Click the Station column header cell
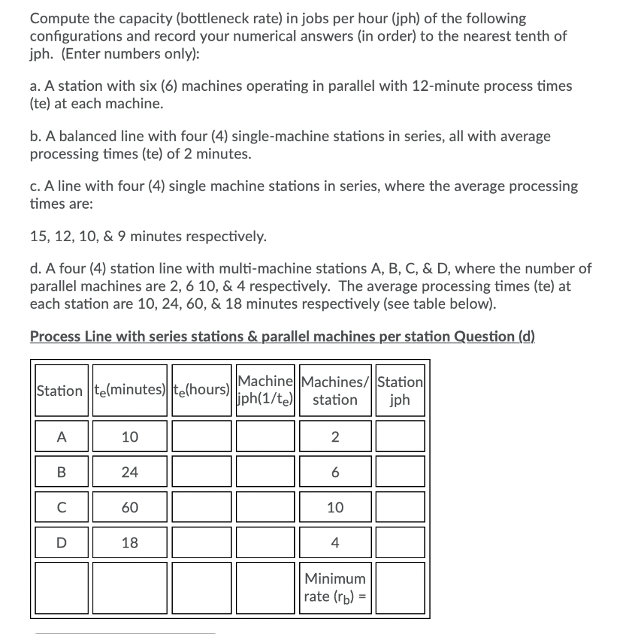tap(59, 390)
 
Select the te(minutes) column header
tap(130, 390)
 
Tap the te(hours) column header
tap(201, 390)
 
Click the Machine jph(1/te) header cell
tap(265, 390)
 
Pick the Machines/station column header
tap(335, 390)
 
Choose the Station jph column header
tap(400, 390)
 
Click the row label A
tap(59, 437)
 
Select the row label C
tap(59, 507)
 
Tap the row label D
tap(59, 543)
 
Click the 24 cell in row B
tap(130, 472)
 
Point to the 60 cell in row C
tap(130, 507)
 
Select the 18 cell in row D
tap(130, 543)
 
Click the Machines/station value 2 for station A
tap(335, 437)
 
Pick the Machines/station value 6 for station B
tap(335, 472)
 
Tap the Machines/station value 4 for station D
tap(335, 543)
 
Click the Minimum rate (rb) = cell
tap(335, 587)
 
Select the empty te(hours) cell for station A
tap(201, 437)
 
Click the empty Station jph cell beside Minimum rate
tap(400, 587)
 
